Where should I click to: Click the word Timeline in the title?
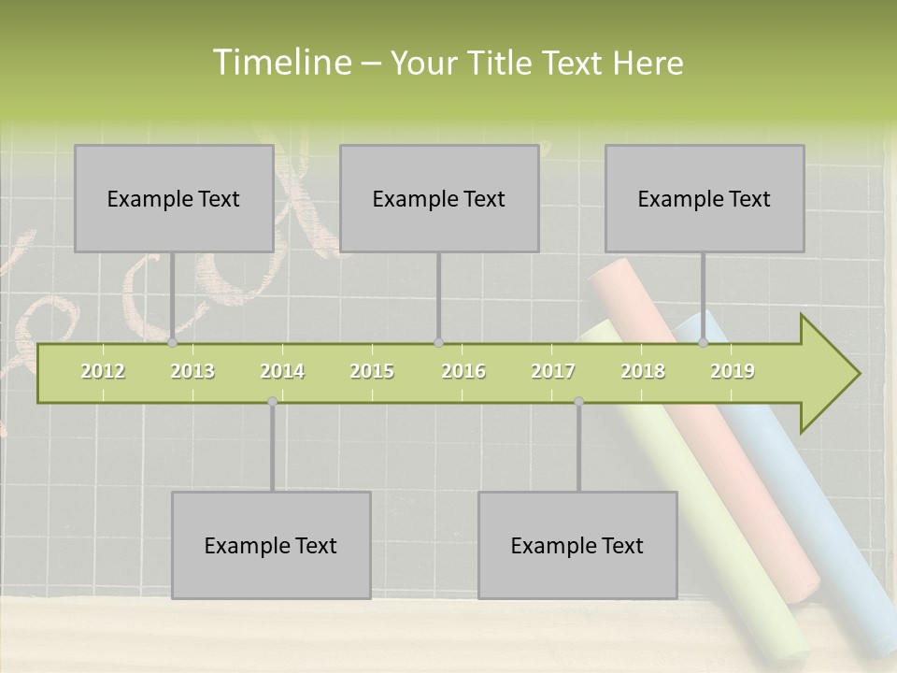click(x=280, y=63)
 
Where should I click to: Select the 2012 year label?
click(x=103, y=371)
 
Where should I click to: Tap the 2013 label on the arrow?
click(x=192, y=371)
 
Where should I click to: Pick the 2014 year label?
click(x=282, y=371)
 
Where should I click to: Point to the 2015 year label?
click(x=372, y=371)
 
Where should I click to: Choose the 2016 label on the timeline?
click(x=463, y=371)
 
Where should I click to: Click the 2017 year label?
click(x=552, y=371)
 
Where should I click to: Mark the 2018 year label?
click(x=643, y=371)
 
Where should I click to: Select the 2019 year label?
click(x=733, y=371)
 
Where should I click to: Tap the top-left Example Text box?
click(x=174, y=199)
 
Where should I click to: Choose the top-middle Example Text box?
click(x=439, y=199)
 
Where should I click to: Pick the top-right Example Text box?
click(x=705, y=199)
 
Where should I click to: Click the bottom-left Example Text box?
click(x=271, y=546)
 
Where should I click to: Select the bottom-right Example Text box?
click(x=577, y=546)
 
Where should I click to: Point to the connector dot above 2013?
click(x=173, y=342)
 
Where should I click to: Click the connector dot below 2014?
click(x=272, y=402)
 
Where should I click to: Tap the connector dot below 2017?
click(x=578, y=402)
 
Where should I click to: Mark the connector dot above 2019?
click(x=704, y=342)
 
